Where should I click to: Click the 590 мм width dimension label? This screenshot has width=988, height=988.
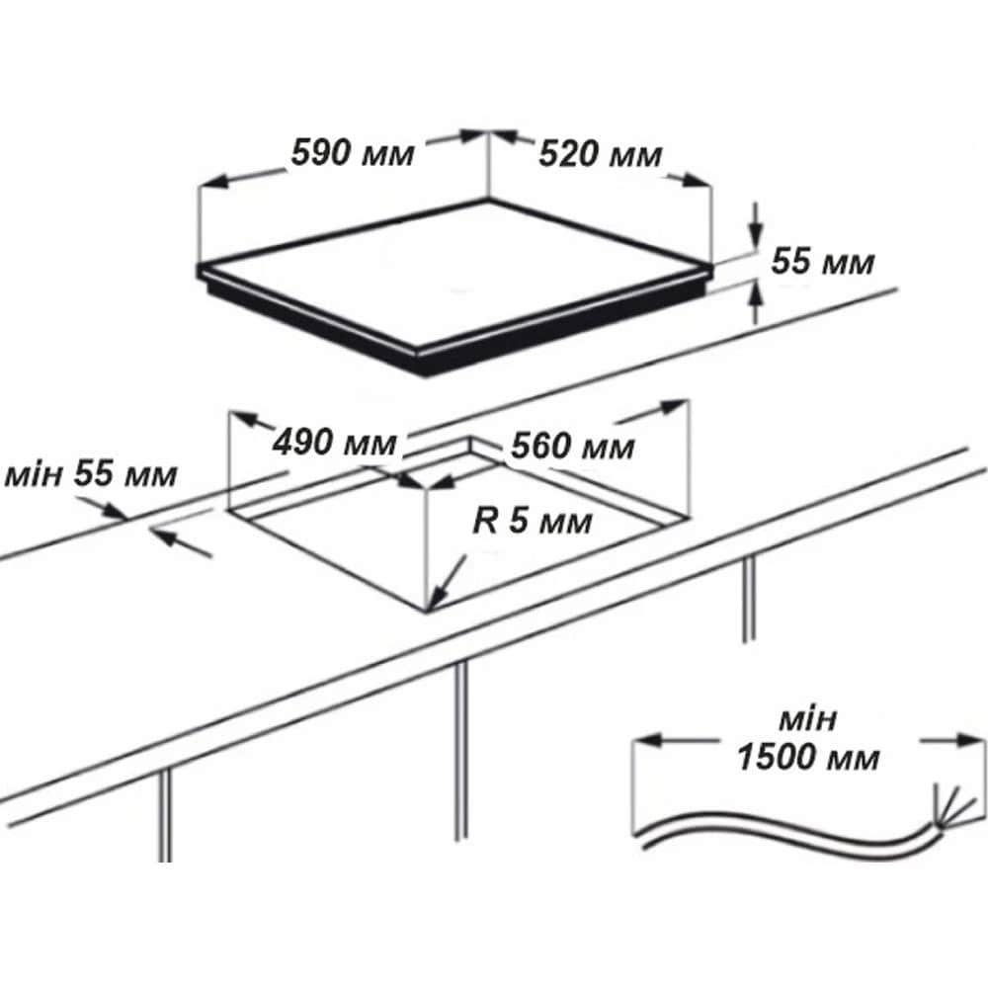353,152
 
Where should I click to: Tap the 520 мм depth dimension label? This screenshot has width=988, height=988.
601,154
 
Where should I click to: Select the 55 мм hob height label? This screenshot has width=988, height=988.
823,262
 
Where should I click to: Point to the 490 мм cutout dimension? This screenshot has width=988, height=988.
335,443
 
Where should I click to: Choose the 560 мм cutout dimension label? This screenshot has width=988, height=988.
573,447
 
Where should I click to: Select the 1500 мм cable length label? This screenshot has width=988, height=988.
808,757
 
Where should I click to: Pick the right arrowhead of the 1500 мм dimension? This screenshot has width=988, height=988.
957,741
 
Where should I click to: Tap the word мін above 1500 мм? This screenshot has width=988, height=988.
808,720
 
